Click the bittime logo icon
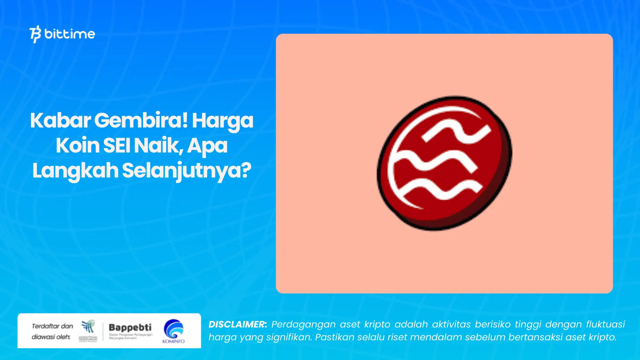click(35, 34)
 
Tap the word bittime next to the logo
click(70, 34)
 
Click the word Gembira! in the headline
click(141, 121)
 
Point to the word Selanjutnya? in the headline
click(187, 171)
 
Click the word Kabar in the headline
click(60, 121)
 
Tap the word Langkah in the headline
click(75, 171)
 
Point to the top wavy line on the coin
click(456, 133)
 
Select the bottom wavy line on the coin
click(441, 189)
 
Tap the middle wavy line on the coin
click(434, 161)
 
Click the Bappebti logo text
click(130, 327)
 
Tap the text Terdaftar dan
click(52, 326)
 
